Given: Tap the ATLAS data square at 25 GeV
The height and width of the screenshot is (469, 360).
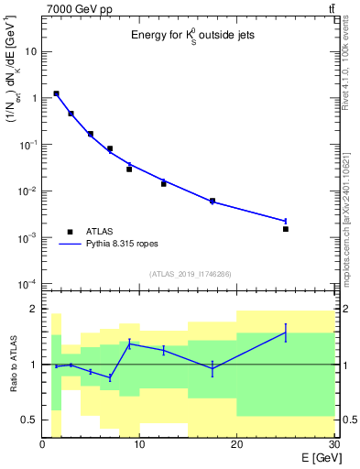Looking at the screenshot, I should tap(286, 229).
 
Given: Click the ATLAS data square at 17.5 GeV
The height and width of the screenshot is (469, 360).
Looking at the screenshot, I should tap(213, 201).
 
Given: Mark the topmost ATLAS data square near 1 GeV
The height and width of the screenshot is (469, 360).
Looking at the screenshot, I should tap(57, 93).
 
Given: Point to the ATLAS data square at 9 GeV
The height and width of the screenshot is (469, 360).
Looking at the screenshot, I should tap(129, 169).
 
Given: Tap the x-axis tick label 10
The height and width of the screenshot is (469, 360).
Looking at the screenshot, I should tap(139, 445).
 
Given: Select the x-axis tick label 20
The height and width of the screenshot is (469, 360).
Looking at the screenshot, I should tap(236, 445).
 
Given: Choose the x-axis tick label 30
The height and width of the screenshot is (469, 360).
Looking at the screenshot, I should tap(333, 445).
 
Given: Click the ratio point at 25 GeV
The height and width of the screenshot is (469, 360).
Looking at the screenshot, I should tap(286, 333).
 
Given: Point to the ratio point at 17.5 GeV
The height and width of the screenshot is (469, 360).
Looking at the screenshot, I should tap(213, 368).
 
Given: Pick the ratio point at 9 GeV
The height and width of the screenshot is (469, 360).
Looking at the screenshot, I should tap(129, 344).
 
